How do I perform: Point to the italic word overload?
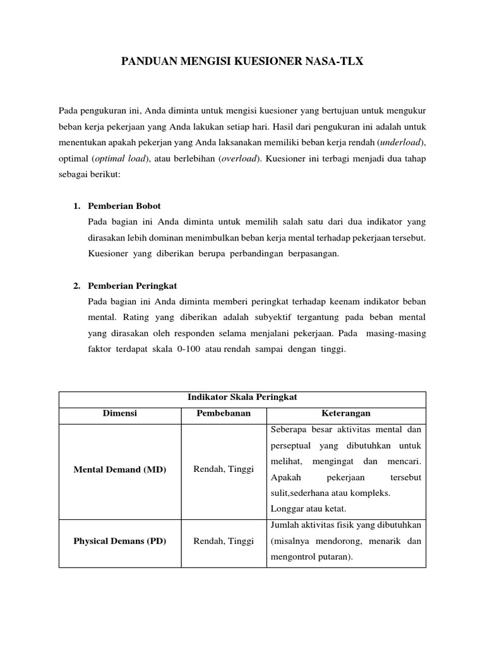tap(239, 159)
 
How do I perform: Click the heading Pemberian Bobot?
tap(124, 206)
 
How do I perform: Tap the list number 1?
tap(76, 206)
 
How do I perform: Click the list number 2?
tap(76, 286)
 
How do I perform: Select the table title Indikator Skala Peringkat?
tap(242, 397)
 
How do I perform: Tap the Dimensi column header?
tap(120, 414)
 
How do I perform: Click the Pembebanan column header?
tap(223, 414)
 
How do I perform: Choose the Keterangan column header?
tap(345, 414)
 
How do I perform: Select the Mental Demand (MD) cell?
tap(120, 470)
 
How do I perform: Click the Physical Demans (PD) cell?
tap(120, 541)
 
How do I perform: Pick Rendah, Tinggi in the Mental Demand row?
tap(223, 470)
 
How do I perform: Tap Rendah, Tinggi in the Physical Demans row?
tap(223, 541)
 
